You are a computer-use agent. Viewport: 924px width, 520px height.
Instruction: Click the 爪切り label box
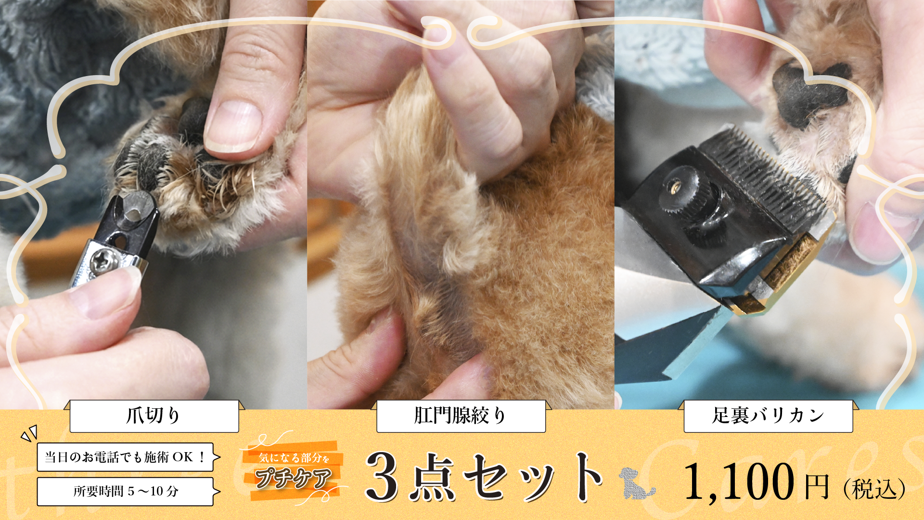[x=154, y=416]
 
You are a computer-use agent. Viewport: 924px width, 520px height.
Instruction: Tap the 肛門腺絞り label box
[x=461, y=416]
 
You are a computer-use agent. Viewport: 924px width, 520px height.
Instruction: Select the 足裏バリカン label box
[x=768, y=416]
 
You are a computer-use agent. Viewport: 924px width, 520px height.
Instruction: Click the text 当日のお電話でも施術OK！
[x=125, y=457]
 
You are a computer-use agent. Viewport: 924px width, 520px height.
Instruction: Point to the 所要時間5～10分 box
[x=125, y=492]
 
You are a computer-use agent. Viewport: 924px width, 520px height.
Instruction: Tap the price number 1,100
[x=739, y=481]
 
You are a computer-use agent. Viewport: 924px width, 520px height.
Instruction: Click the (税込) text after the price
[x=874, y=489]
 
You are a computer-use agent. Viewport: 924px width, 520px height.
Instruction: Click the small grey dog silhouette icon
[x=636, y=483]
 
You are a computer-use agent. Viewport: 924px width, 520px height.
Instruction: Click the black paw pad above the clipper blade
[x=808, y=94]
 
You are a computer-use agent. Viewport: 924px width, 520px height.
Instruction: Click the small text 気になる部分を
[x=294, y=458]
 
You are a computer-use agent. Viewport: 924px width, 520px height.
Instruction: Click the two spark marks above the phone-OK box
[x=29, y=433]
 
